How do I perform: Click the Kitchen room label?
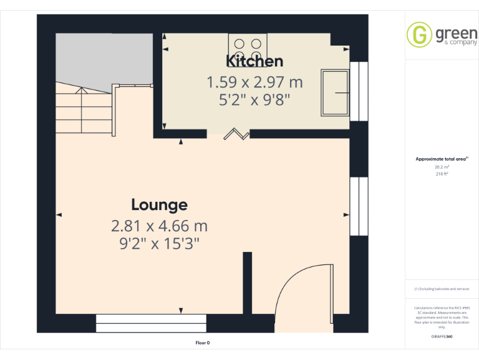pos(254,61)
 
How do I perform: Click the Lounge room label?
pos(159,204)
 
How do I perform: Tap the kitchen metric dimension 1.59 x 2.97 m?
pos(254,82)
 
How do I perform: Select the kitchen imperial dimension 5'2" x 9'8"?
pos(254,99)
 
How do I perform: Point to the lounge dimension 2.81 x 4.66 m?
pos(159,226)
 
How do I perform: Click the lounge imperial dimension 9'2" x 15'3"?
pos(159,244)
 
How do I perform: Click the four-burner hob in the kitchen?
pos(248,45)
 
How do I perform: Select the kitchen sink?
pos(336,92)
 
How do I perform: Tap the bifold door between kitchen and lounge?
pos(237,133)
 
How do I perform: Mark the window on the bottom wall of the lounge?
pos(151,323)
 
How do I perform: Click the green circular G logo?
pos(419,34)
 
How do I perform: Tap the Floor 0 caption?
pos(203,342)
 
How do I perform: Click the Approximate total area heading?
pos(442,159)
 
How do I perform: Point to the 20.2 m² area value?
pos(442,167)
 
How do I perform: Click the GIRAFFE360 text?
pos(442,336)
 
